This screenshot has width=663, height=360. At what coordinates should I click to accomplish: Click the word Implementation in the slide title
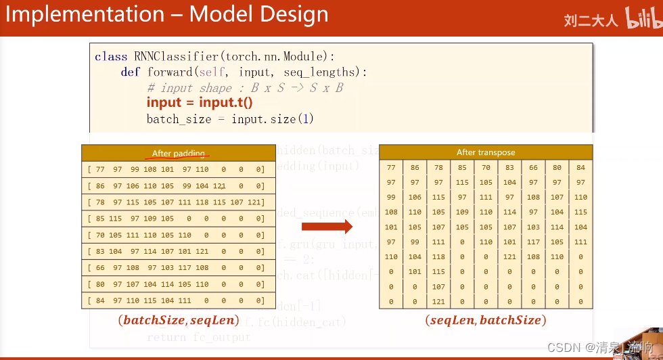click(x=85, y=15)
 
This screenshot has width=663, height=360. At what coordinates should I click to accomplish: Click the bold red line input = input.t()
click(x=200, y=102)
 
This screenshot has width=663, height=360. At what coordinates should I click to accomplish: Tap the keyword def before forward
click(x=130, y=72)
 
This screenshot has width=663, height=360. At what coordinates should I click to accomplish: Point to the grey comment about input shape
click(x=244, y=88)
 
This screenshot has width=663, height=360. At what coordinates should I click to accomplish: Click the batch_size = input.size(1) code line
click(x=231, y=119)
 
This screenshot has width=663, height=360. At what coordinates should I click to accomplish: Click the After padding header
click(x=179, y=154)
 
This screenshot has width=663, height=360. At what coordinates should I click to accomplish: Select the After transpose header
click(x=486, y=152)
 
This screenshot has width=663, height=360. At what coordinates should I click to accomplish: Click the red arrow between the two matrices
click(x=327, y=227)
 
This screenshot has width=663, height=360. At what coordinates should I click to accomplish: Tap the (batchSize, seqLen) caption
click(x=178, y=320)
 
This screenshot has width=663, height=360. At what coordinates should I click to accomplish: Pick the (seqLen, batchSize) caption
click(x=486, y=320)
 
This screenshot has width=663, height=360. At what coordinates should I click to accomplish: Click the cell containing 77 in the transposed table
click(x=391, y=167)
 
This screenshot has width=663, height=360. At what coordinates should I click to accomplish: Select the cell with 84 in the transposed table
click(x=580, y=167)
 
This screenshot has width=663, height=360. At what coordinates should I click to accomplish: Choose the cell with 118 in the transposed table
click(x=438, y=257)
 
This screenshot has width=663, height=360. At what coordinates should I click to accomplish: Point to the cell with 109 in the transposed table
click(x=462, y=212)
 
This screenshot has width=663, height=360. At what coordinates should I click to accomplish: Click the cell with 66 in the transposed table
click(x=533, y=167)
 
